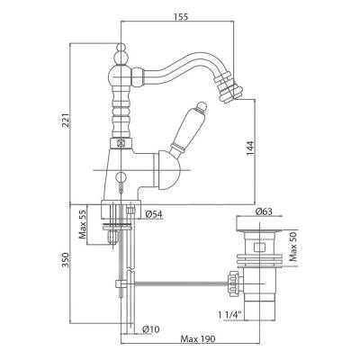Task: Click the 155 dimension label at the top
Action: pos(181,16)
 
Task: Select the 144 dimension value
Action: pos(250,148)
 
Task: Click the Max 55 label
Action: pos(83,224)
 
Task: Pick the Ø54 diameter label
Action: pos(154,214)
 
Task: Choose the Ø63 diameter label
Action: pos(264,211)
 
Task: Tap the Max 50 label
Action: pos(292,247)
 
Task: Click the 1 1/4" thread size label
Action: pos(230,315)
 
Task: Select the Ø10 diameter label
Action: pos(151,329)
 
